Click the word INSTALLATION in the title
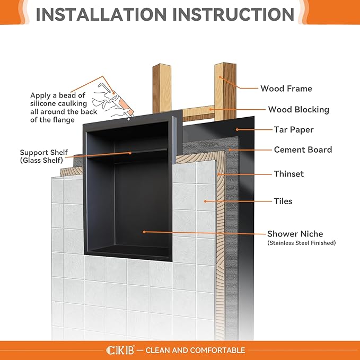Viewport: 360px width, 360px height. (x=106, y=14)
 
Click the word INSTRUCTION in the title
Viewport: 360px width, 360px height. (x=237, y=14)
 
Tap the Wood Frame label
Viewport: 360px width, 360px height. (x=286, y=89)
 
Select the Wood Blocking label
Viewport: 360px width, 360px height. (x=298, y=110)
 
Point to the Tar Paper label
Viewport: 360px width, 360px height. (x=294, y=129)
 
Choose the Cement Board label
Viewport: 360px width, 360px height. (x=303, y=150)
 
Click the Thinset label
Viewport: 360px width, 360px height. (x=288, y=173)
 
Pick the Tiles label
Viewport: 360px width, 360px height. (x=283, y=201)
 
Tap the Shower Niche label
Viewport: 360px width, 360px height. (x=295, y=234)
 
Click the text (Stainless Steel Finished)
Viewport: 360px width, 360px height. (x=301, y=243)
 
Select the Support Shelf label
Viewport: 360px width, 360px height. (x=42, y=151)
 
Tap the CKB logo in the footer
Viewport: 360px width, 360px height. (x=120, y=350)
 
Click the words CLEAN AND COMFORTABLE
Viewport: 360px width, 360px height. (x=195, y=350)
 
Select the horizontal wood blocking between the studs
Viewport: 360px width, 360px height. (x=197, y=112)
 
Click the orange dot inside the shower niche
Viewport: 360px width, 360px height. (x=144, y=232)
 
